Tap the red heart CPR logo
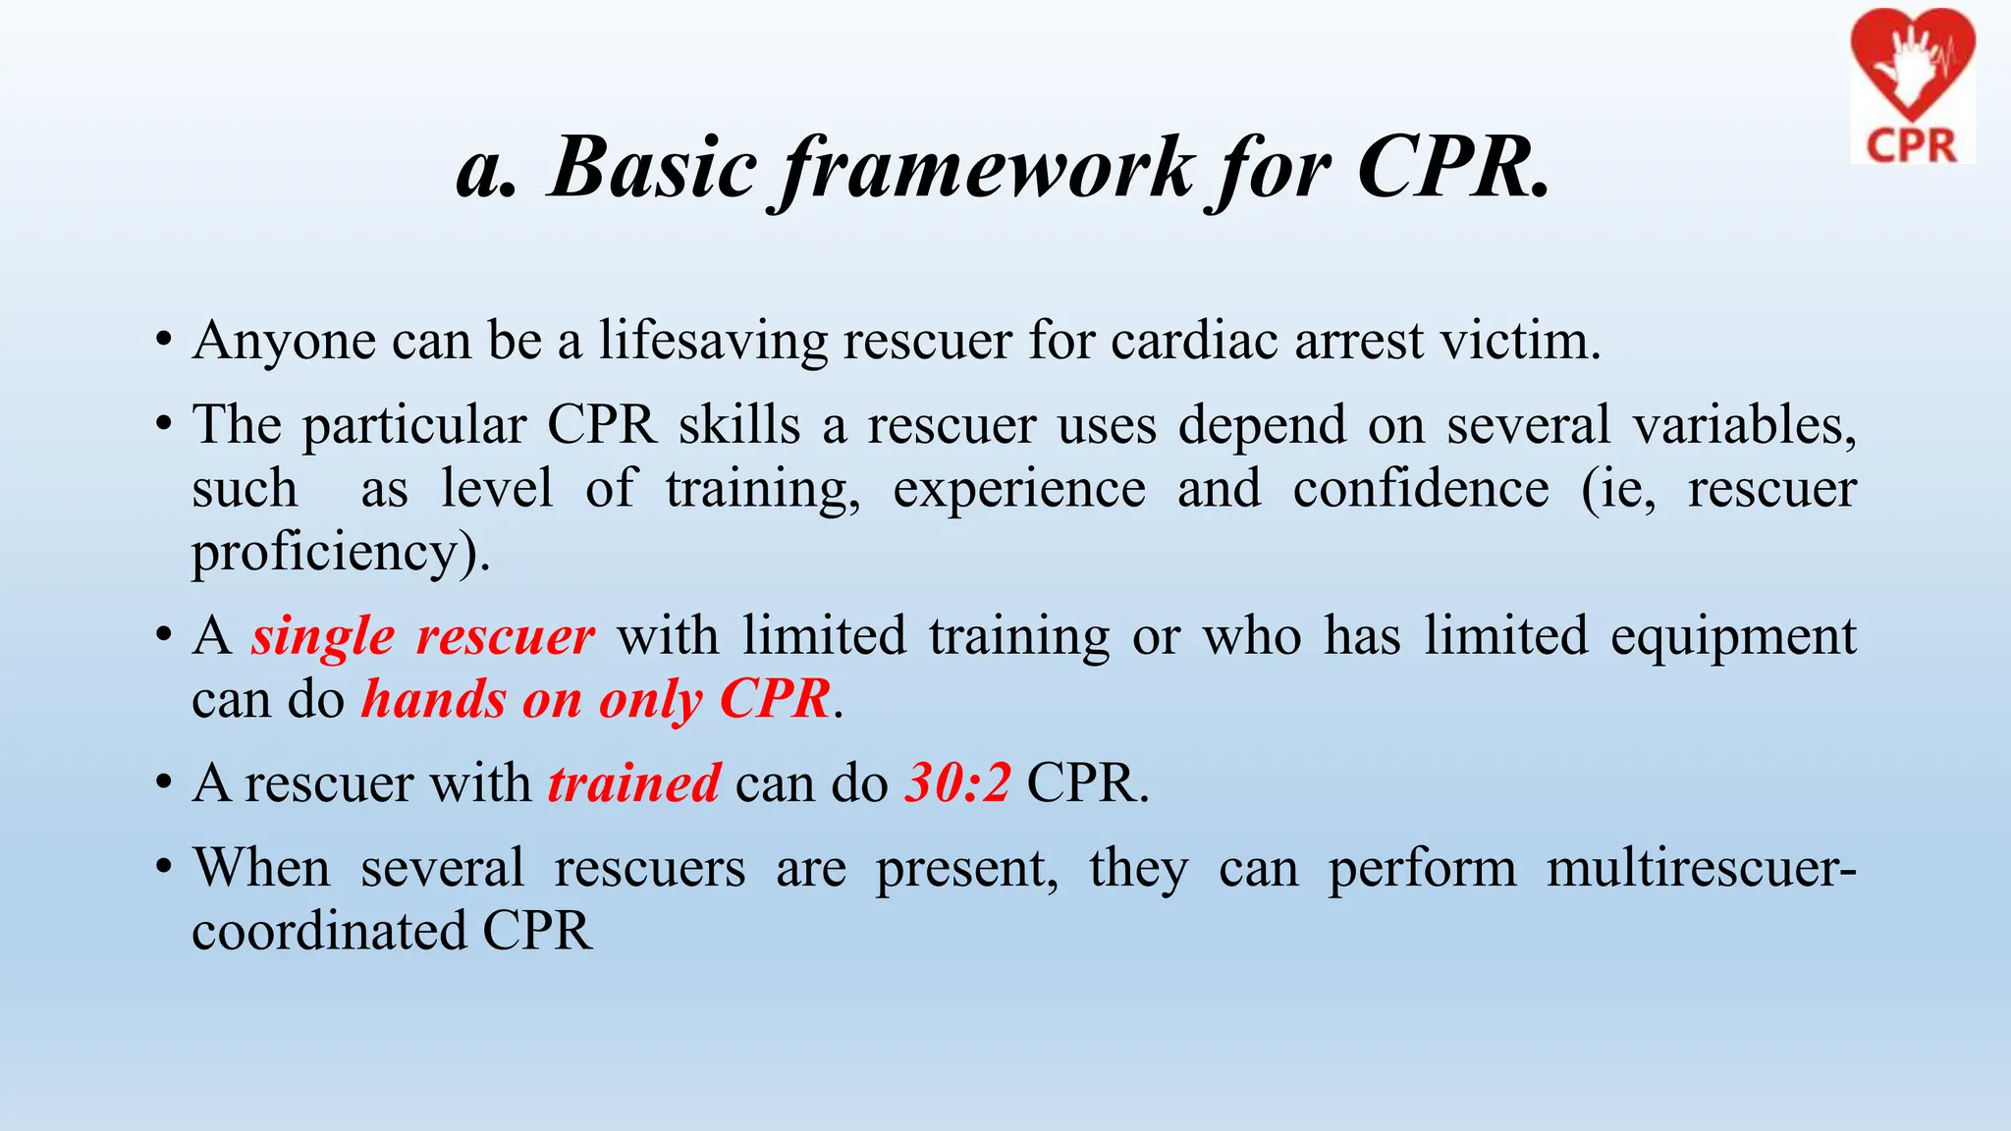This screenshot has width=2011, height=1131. tap(1912, 69)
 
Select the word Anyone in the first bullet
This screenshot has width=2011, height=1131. tap(284, 342)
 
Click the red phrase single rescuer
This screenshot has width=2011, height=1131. tap(422, 636)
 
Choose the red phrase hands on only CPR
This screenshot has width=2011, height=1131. tap(596, 700)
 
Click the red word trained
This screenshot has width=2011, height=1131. tap(634, 783)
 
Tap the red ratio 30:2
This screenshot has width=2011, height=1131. tap(957, 783)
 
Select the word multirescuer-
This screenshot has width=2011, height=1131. tap(1701, 868)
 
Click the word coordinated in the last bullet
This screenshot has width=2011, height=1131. tap(328, 931)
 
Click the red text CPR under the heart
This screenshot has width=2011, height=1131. tap(1911, 145)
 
